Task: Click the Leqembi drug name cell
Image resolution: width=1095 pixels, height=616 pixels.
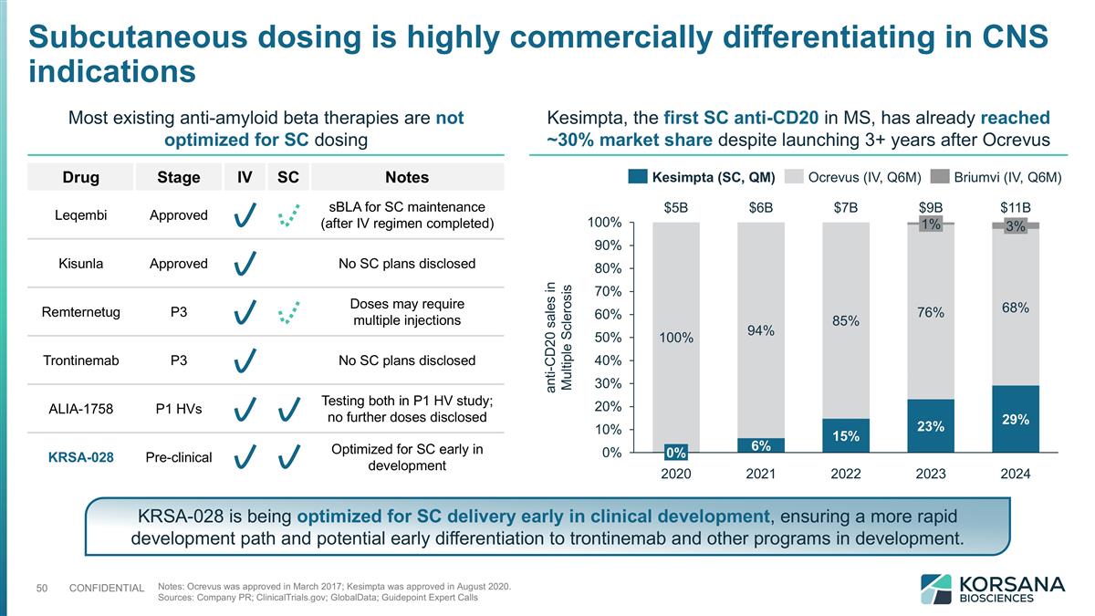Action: (80, 215)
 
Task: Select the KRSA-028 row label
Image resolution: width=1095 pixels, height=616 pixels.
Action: (80, 456)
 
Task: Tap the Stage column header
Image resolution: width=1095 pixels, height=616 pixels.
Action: (179, 177)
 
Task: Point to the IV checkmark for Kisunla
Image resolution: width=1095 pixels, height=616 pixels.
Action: (244, 265)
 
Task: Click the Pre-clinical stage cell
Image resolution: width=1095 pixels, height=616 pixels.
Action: (179, 456)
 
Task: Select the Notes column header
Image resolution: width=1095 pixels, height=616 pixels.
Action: (407, 177)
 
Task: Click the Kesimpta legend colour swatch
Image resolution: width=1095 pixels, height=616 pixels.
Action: (639, 176)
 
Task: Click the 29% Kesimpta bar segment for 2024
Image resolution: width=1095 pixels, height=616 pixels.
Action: (1016, 419)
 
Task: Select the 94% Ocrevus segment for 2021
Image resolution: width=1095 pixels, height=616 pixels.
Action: (761, 330)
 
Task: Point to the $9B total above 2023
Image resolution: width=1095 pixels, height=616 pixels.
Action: (931, 206)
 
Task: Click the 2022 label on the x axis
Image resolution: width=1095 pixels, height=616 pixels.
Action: (845, 474)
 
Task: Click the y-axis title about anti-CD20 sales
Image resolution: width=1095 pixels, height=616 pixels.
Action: (558, 338)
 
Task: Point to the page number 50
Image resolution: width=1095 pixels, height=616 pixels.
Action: (42, 587)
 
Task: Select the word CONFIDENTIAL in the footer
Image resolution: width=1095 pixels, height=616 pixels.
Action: (107, 588)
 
